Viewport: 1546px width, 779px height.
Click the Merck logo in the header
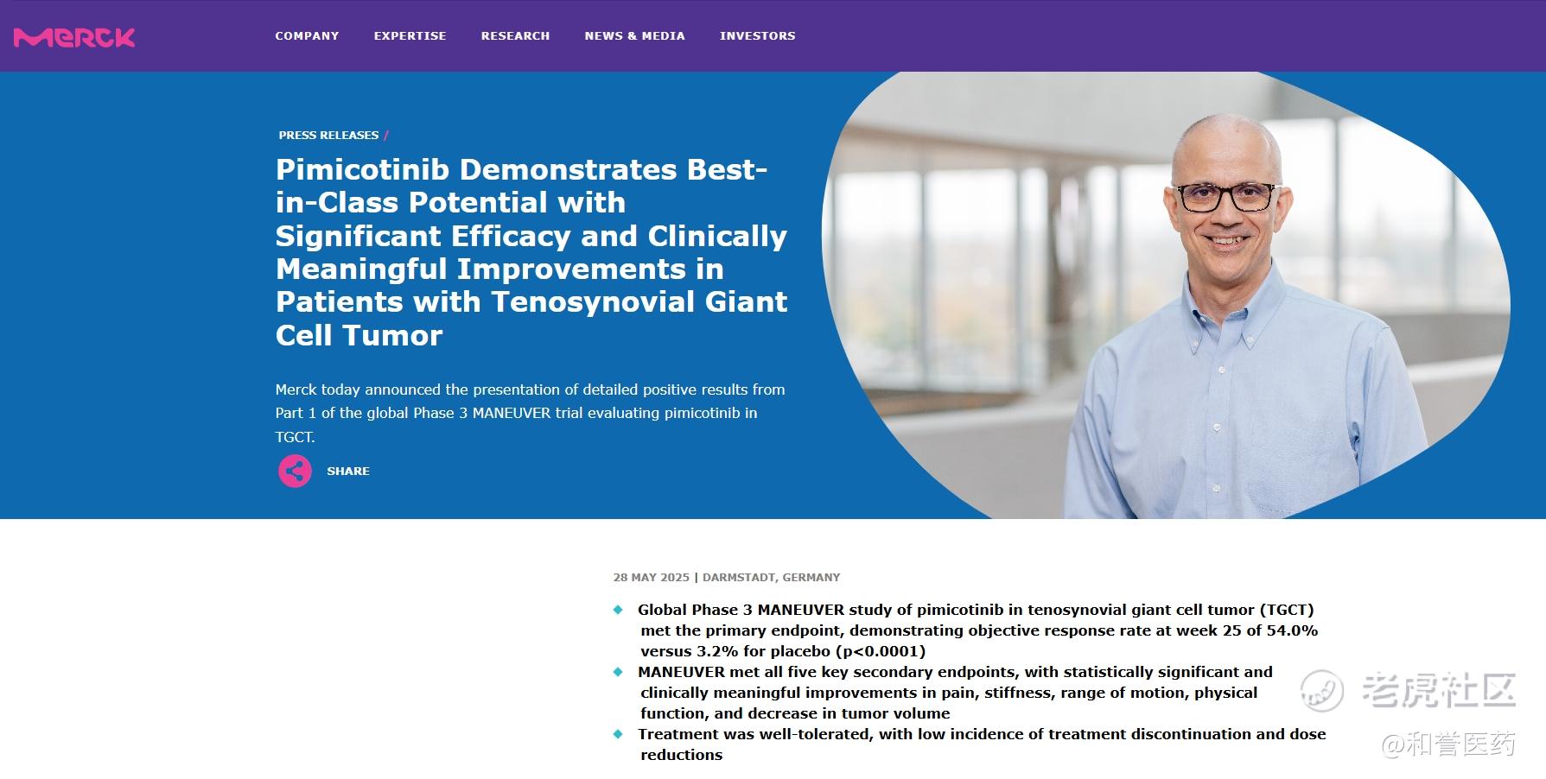pos(74,37)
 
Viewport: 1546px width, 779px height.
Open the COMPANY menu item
pos(307,35)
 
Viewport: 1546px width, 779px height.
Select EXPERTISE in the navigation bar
pos(410,35)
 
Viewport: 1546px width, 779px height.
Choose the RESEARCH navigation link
pos(515,35)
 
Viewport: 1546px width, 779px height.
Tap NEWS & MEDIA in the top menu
pos(634,35)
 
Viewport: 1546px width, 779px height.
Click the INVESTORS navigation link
pos(757,35)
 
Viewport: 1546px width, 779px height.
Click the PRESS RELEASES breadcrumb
pos(328,135)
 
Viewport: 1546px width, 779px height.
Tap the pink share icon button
pos(295,471)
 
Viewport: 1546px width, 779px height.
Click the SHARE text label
pos(347,471)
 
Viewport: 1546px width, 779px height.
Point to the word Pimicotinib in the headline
pos(362,169)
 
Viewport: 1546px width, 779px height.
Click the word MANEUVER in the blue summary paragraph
pos(511,413)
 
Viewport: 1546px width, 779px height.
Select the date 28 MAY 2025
pos(651,577)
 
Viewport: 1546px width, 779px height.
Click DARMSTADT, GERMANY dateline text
pos(771,577)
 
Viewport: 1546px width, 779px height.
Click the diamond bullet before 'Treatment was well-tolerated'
pos(618,734)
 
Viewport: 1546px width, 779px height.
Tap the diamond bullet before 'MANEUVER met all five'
pos(618,672)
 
